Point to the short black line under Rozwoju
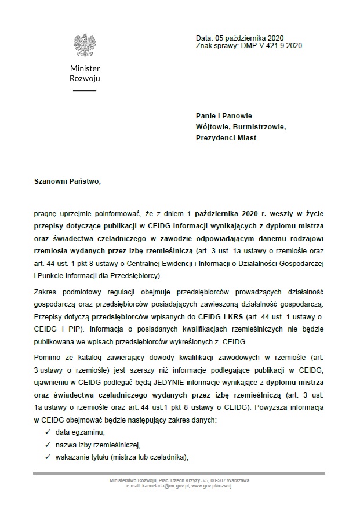tap(85, 90)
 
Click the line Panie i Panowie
tap(224, 116)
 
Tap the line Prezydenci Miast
tap(226, 138)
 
